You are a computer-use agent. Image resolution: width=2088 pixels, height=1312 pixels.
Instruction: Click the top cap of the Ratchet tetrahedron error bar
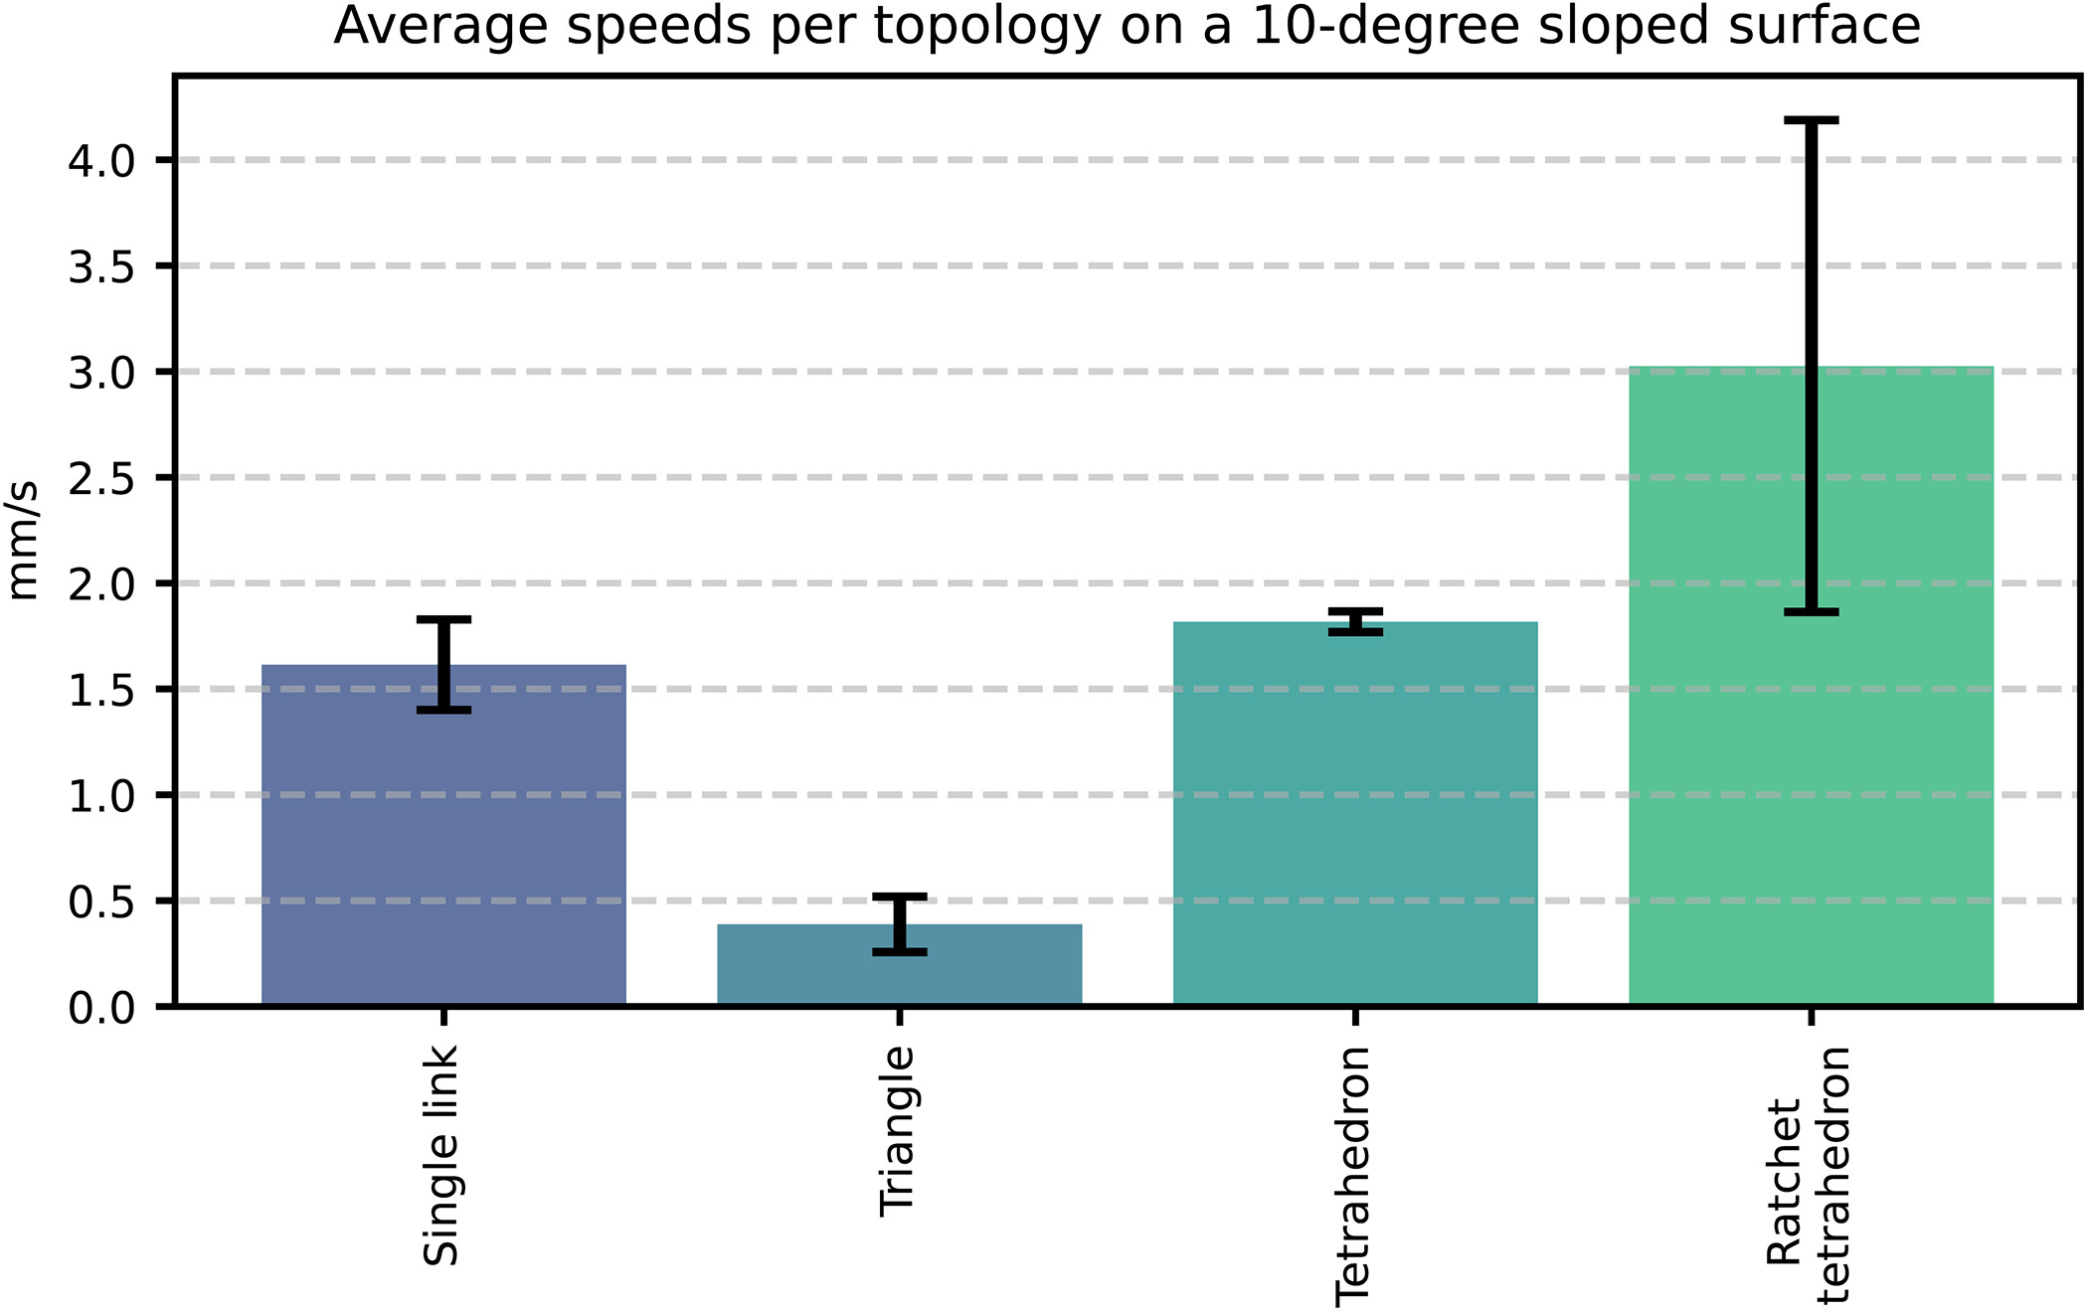pyautogui.click(x=1811, y=120)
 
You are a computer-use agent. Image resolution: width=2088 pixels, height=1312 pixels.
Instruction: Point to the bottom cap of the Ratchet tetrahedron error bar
pyautogui.click(x=1811, y=612)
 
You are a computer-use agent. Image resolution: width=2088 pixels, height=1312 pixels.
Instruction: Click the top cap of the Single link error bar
pyautogui.click(x=443, y=619)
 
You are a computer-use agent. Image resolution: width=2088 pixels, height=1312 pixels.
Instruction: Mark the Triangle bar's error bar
pyautogui.click(x=899, y=924)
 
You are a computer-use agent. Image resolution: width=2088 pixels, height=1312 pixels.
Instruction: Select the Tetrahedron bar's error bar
pyautogui.click(x=1355, y=621)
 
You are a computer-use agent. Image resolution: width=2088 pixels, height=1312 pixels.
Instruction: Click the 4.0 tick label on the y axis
pyautogui.click(x=101, y=161)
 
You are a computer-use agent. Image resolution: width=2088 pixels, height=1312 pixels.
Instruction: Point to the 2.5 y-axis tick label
pyautogui.click(x=101, y=479)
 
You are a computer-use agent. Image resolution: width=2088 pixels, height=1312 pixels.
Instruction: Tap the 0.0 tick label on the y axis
pyautogui.click(x=101, y=1009)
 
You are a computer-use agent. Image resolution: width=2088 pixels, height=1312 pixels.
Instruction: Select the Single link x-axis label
pyautogui.click(x=441, y=1155)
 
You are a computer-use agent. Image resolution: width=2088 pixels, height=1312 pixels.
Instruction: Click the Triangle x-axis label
pyautogui.click(x=898, y=1131)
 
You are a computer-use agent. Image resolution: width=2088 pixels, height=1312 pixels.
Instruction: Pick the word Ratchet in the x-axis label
pyautogui.click(x=1786, y=1181)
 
